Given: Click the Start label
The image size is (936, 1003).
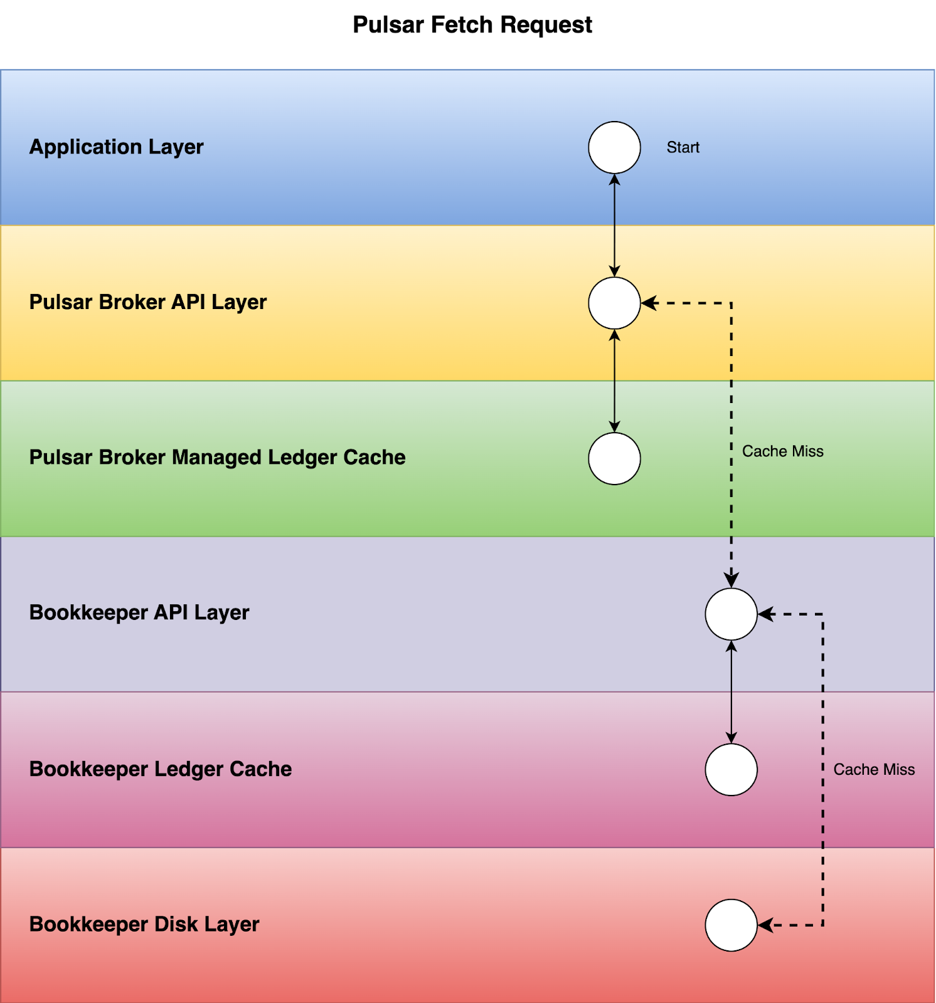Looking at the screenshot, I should tap(683, 147).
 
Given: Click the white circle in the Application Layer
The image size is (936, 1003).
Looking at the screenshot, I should tap(614, 147).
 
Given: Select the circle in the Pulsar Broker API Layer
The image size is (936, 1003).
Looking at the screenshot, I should tap(614, 303).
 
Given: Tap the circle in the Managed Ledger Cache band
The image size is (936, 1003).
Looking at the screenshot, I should tap(614, 458).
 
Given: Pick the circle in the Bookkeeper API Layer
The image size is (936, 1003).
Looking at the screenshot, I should tap(731, 614).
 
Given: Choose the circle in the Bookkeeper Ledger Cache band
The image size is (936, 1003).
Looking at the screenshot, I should tap(731, 769).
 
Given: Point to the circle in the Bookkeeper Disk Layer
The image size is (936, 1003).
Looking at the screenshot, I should tap(731, 925).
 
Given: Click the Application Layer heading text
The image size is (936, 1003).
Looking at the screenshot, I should tap(116, 147).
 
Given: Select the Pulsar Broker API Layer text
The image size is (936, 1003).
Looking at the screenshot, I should tap(147, 302).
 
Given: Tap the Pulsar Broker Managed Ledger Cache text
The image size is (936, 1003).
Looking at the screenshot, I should tap(217, 458).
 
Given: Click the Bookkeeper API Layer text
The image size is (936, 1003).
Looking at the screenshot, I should tap(139, 612).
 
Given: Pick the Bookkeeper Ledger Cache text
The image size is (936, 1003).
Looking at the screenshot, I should tap(160, 769).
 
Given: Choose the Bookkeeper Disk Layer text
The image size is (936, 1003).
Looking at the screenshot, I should tap(144, 924).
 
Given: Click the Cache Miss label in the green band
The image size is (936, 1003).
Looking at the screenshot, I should tap(782, 451).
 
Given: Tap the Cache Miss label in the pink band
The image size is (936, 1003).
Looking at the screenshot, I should tap(873, 769).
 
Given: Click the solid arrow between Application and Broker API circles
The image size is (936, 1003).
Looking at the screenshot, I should tap(614, 225).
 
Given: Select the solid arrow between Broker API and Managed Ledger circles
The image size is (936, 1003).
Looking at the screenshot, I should tap(614, 381).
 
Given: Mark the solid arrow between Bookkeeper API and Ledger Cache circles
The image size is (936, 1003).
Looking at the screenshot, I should tap(731, 691).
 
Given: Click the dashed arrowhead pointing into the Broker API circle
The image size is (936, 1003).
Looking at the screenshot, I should tap(649, 303).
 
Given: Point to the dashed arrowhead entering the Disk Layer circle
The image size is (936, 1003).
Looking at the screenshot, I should tap(765, 925).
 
